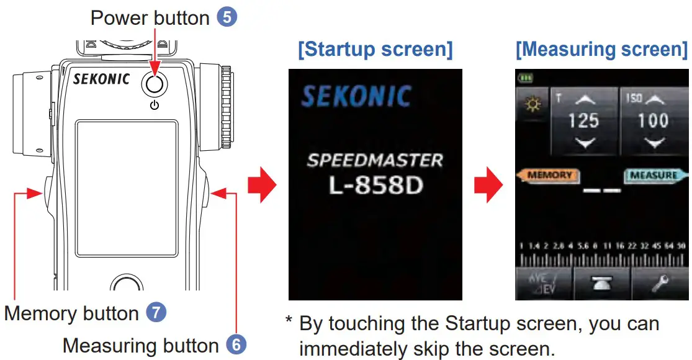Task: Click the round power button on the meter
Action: [154, 83]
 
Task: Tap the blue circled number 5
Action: [227, 17]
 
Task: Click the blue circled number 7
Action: [156, 313]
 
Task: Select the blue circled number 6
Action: [236, 344]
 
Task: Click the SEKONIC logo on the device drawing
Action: [101, 79]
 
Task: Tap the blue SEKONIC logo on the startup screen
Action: [356, 97]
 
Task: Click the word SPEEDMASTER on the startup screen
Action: [375, 160]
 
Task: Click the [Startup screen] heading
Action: [375, 50]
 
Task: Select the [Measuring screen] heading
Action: [601, 50]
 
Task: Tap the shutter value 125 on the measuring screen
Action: [583, 120]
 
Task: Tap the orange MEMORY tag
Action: [549, 176]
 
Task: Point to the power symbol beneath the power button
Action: [154, 106]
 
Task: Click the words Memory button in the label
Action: [71, 313]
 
